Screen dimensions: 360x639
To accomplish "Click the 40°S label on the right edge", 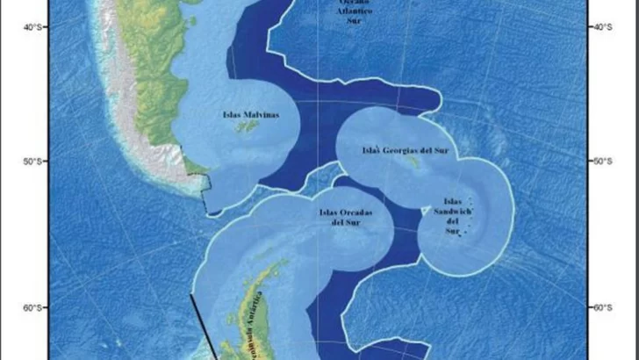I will point(605,27).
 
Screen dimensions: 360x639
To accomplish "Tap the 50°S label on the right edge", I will point(605,162).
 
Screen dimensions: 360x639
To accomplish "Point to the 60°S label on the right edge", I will point(605,307).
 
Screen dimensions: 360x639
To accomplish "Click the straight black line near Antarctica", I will point(204,325).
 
